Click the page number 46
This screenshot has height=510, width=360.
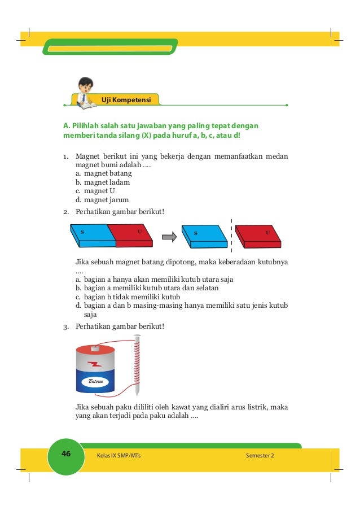tap(65, 455)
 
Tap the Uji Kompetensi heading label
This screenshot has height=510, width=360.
tap(125, 100)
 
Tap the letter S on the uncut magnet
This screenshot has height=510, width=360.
tap(82, 232)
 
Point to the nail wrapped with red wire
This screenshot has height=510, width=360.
tap(136, 365)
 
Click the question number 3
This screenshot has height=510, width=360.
tap(65, 326)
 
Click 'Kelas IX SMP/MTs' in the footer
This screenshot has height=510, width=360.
tap(118, 455)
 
